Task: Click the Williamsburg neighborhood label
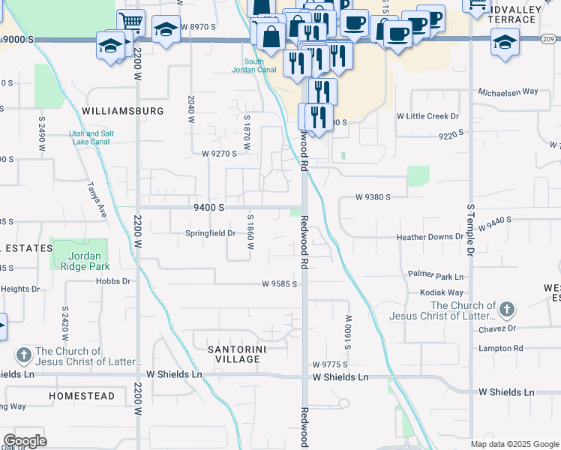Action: (123, 111)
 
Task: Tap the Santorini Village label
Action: (238, 353)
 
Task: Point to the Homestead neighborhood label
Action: (82, 395)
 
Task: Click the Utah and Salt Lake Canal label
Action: (91, 137)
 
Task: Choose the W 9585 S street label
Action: (280, 284)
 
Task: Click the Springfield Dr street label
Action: (211, 233)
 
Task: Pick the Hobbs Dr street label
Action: (113, 281)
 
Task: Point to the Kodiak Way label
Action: (442, 292)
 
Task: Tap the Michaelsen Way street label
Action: (508, 91)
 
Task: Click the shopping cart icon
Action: (131, 22)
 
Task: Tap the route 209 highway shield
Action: (550, 39)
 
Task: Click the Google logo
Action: (25, 441)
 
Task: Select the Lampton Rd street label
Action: (500, 349)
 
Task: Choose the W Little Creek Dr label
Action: (427, 116)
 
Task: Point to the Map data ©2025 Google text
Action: (514, 444)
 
